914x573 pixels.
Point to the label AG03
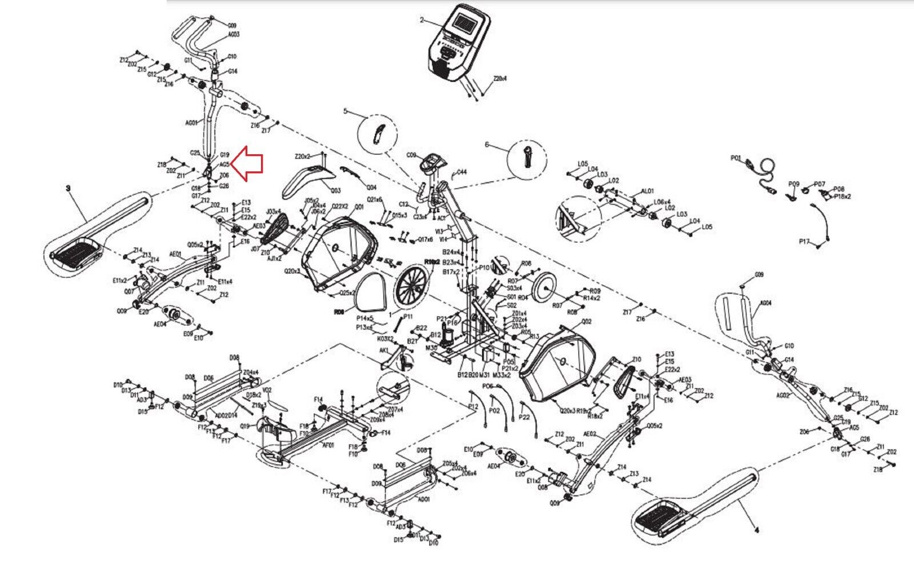coord(234,35)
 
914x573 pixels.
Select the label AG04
coord(765,303)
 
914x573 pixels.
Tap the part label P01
coord(735,158)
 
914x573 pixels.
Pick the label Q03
coord(335,191)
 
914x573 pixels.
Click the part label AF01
coord(328,446)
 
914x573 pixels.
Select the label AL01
coord(647,191)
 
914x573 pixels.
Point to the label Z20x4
coord(500,79)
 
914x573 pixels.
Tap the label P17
coord(804,242)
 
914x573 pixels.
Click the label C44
coord(462,172)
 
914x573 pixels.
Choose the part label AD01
coord(423,499)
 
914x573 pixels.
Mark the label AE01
coord(175,254)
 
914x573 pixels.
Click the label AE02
coord(589,434)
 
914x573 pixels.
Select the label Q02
coord(586,322)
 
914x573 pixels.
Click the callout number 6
coord(487,145)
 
